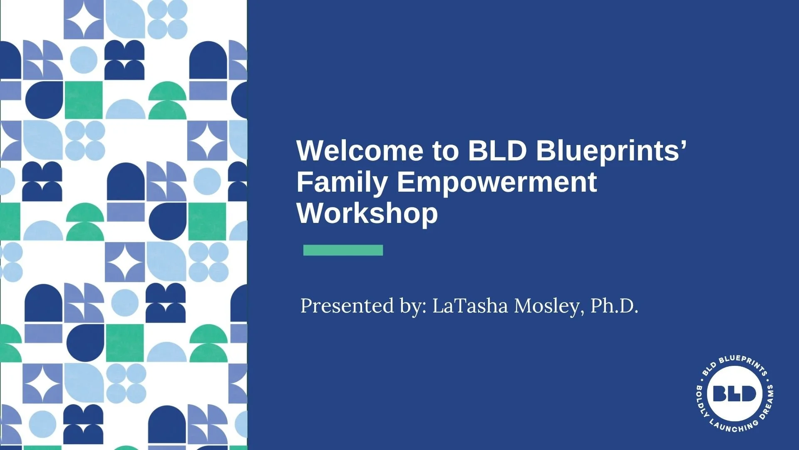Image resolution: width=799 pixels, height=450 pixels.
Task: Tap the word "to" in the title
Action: pyautogui.click(x=446, y=151)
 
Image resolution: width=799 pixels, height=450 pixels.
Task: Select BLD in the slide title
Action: pyautogui.click(x=498, y=150)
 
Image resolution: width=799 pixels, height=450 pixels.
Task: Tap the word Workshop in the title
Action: pyautogui.click(x=367, y=213)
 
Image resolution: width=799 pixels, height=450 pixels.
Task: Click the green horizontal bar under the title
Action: pyautogui.click(x=343, y=250)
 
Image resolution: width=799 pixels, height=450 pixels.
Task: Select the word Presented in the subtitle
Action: pyautogui.click(x=347, y=306)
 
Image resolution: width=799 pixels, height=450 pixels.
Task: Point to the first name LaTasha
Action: pyautogui.click(x=470, y=306)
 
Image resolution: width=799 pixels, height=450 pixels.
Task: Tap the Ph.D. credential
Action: pyautogui.click(x=614, y=306)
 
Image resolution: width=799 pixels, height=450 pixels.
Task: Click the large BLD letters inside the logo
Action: pyautogui.click(x=734, y=393)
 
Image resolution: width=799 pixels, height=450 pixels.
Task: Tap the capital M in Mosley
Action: pyautogui.click(x=524, y=306)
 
